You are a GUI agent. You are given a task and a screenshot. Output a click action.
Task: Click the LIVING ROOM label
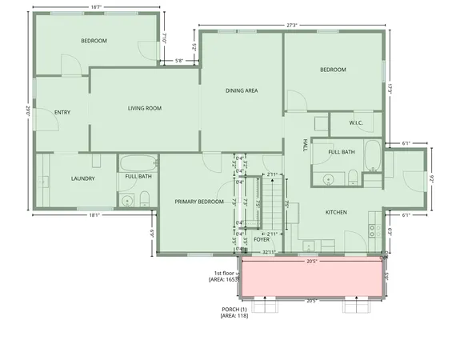(145, 108)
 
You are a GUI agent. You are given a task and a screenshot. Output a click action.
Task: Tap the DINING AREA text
(241, 90)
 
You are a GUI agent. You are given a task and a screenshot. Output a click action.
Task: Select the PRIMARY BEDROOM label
(199, 201)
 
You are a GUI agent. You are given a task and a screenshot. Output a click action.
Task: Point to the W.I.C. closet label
(357, 123)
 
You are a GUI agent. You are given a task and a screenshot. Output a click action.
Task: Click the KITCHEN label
(336, 212)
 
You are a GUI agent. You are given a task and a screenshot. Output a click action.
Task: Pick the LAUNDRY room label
(83, 178)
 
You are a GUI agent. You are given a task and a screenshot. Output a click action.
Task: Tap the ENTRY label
(62, 112)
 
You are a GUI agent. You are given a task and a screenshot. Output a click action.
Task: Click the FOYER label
(262, 239)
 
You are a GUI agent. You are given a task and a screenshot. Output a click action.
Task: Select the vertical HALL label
(305, 145)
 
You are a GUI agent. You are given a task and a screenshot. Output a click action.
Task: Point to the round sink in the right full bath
(329, 178)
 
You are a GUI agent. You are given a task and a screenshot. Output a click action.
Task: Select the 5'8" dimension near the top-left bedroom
(179, 60)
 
